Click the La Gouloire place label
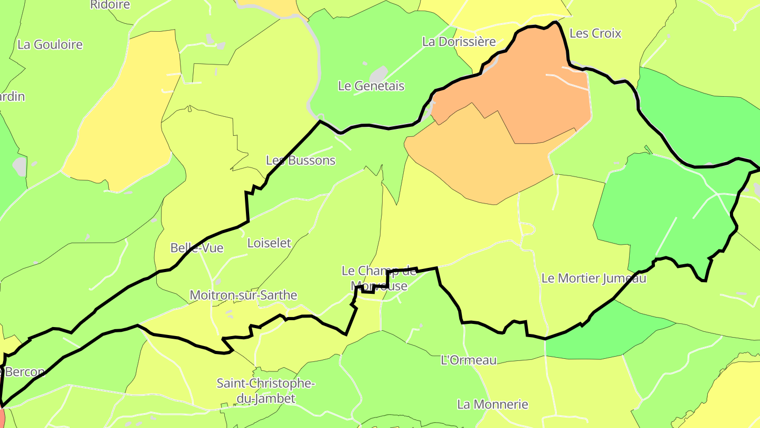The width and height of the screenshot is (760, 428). tap(50, 44)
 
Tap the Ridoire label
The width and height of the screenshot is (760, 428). tap(110, 5)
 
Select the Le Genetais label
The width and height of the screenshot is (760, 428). tap(371, 86)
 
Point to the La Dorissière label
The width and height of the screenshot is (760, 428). tap(459, 41)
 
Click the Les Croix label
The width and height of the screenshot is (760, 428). tap(595, 33)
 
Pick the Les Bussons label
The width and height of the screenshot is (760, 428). tap(300, 160)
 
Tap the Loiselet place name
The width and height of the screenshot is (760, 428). tap(269, 243)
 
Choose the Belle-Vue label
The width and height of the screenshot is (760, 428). tap(197, 248)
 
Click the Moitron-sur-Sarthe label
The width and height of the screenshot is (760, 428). tap(243, 295)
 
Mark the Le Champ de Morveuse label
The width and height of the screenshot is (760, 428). tap(379, 278)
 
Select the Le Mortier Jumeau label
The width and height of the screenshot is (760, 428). tap(594, 278)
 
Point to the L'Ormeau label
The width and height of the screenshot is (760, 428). tap(469, 360)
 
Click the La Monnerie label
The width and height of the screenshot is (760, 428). tap(492, 405)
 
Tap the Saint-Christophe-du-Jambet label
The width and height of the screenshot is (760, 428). tap(265, 390)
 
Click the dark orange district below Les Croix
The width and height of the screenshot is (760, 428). tap(533, 90)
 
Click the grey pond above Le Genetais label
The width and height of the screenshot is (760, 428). tap(378, 73)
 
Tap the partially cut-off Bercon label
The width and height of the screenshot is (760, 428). tap(23, 372)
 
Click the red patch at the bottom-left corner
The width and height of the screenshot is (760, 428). tap(3, 417)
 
